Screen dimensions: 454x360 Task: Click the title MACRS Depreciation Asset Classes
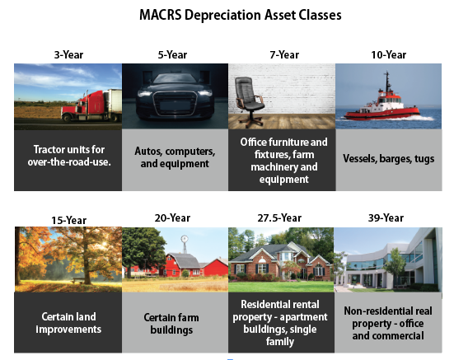pyautogui.click(x=241, y=15)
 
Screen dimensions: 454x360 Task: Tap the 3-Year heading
pyautogui.click(x=68, y=54)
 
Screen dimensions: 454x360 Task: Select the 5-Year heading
pyautogui.click(x=172, y=54)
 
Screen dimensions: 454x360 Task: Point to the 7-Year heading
pyautogui.click(x=284, y=54)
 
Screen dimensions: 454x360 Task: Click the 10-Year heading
pyautogui.click(x=389, y=54)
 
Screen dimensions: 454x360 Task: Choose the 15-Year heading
pyautogui.click(x=68, y=220)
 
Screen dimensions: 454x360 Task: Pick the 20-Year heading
pyautogui.click(x=172, y=218)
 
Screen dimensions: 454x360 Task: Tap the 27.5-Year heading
pyautogui.click(x=279, y=218)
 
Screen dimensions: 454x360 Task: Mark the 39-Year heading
pyautogui.click(x=386, y=218)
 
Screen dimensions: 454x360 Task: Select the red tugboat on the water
pyautogui.click(x=382, y=101)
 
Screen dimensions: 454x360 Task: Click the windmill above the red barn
pyautogui.click(x=185, y=245)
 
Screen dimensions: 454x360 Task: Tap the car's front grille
pyautogui.click(x=175, y=103)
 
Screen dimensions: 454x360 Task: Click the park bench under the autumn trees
pyautogui.click(x=78, y=280)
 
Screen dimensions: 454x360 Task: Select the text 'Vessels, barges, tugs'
pyautogui.click(x=389, y=159)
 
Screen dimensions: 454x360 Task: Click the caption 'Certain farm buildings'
pyautogui.click(x=171, y=324)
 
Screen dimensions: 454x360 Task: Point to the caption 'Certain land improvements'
pyautogui.click(x=68, y=323)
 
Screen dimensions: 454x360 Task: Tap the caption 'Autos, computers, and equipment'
pyautogui.click(x=175, y=157)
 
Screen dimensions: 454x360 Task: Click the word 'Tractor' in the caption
pyautogui.click(x=46, y=150)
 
